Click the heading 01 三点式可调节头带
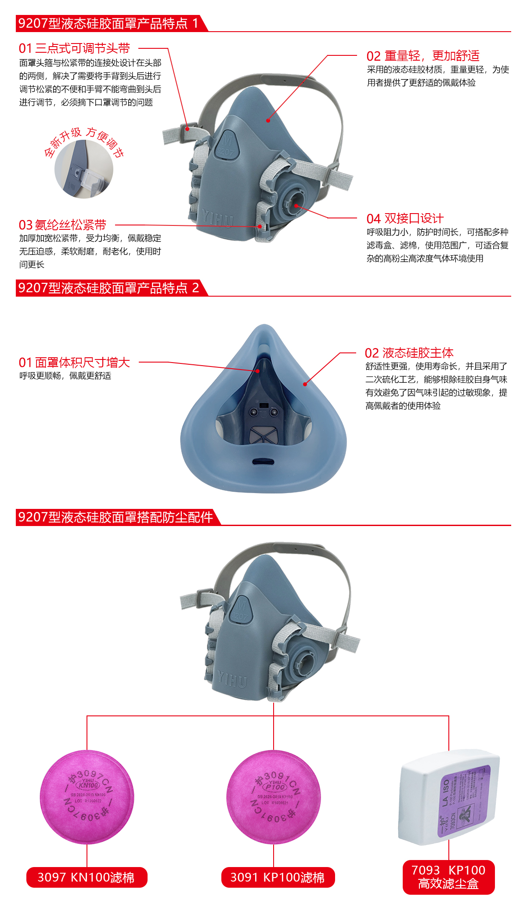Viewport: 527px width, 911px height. [74, 48]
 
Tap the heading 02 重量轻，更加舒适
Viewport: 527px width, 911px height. [423, 56]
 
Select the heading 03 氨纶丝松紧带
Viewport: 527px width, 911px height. [62, 225]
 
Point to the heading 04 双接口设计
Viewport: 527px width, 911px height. [405, 218]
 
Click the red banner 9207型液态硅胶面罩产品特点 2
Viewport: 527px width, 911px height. [108, 288]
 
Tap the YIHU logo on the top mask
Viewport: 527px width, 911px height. [218, 218]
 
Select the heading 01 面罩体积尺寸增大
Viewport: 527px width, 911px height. [74, 363]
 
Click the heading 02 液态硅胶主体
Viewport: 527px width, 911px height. [409, 353]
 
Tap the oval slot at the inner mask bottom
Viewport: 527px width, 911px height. [263, 462]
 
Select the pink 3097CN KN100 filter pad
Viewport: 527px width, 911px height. [87, 797]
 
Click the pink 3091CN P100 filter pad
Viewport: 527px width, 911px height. [274, 797]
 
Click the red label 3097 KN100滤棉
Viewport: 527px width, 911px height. [87, 877]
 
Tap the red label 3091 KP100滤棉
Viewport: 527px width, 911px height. [278, 877]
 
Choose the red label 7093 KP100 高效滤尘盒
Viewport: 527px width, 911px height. [448, 877]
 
